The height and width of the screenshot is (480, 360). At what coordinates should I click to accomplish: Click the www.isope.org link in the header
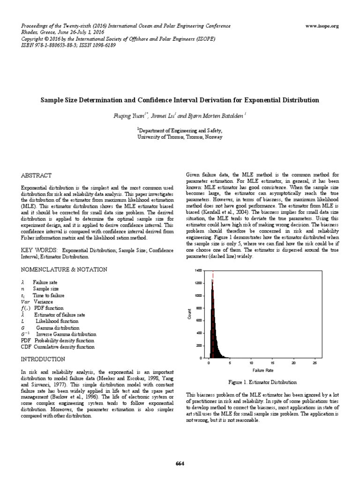pyautogui.click(x=322, y=26)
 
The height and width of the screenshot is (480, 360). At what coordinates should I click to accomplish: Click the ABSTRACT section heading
pyautogui.click(x=37, y=175)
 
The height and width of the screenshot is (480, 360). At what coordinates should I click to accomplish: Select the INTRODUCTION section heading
pyautogui.click(x=43, y=359)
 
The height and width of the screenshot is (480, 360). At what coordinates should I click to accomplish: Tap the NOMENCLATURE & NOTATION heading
pyautogui.click(x=64, y=270)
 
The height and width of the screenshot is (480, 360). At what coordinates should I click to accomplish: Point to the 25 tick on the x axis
pyautogui.click(x=314, y=363)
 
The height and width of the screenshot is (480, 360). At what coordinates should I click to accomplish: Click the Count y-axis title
pyautogui.click(x=190, y=315)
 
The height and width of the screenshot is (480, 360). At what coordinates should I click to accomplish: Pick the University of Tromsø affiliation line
pyautogui.click(x=180, y=138)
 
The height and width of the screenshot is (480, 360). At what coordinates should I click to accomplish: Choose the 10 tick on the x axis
pyautogui.click(x=251, y=363)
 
